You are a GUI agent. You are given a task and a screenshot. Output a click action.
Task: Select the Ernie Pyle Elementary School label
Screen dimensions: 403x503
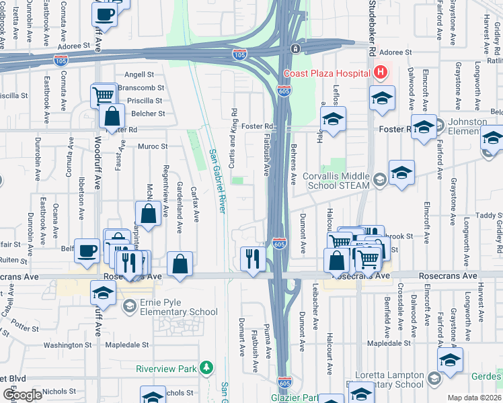pos(179,306)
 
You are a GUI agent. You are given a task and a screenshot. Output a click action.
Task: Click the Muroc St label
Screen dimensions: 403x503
pos(153,146)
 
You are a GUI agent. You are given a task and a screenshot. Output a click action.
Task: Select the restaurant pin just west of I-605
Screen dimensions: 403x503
pos(252,258)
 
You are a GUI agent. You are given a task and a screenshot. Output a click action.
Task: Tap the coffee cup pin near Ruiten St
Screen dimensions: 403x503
pos(87,250)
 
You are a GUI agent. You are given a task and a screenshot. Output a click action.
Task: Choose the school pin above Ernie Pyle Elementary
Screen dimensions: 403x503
pos(104,292)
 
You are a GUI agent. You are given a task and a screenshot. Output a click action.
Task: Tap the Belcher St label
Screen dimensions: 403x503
pos(148,114)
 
